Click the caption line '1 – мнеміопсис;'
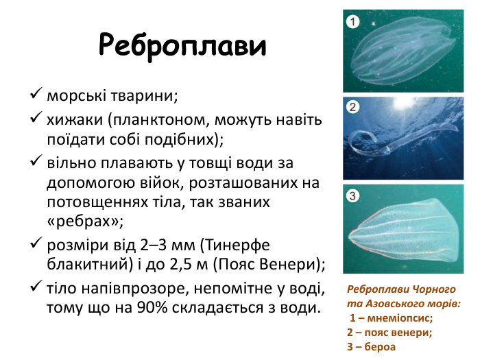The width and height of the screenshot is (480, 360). (392, 317)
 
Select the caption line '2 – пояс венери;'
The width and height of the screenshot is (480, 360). (389, 332)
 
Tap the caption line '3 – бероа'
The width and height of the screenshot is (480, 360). (372, 346)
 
